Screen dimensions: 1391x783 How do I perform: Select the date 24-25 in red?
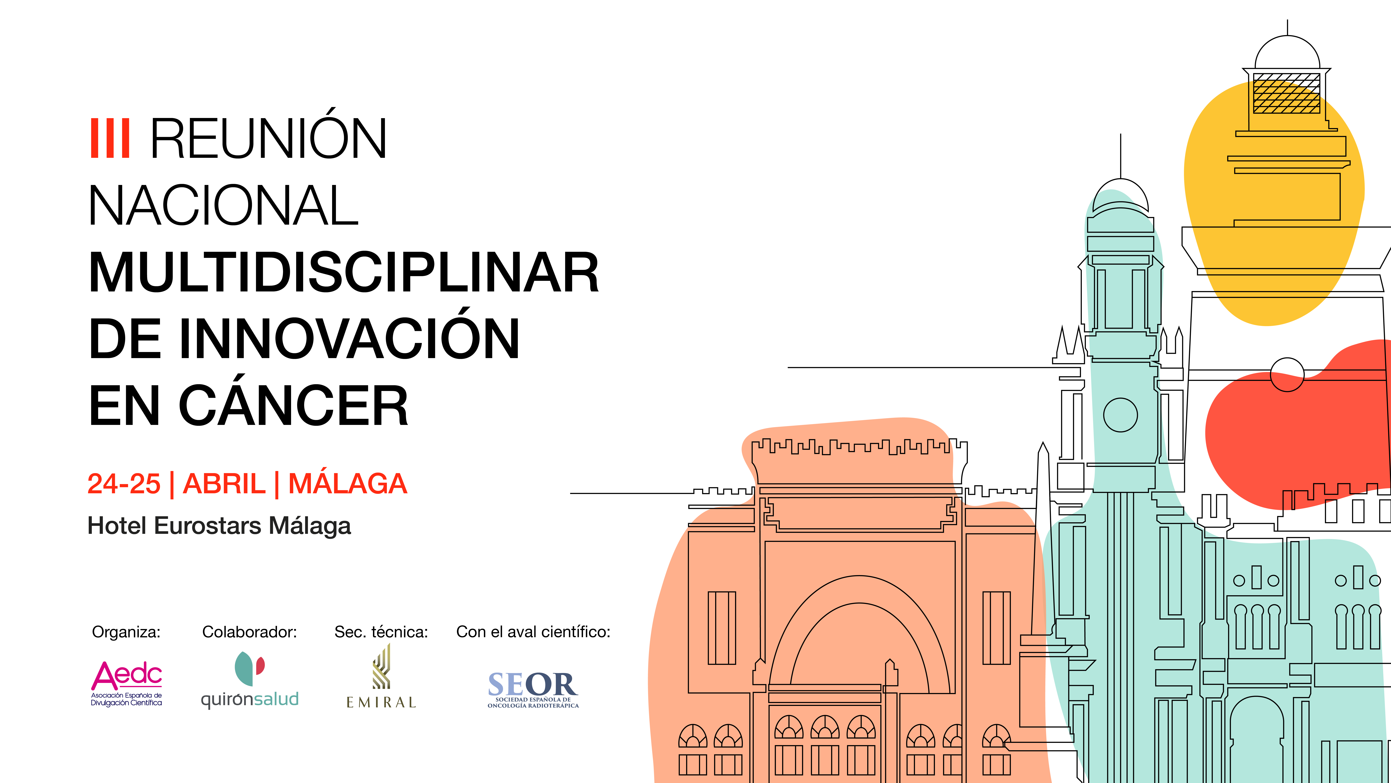pyautogui.click(x=124, y=484)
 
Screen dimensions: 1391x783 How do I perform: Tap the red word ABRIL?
pyautogui.click(x=224, y=484)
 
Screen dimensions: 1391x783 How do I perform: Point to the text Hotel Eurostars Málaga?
pyautogui.click(x=219, y=526)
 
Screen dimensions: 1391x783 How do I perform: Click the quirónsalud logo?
pyautogui.click(x=250, y=680)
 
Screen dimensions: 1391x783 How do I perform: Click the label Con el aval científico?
pyautogui.click(x=533, y=632)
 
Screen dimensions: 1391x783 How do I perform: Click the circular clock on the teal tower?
pyautogui.click(x=1120, y=415)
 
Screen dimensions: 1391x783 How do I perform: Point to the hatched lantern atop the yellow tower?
pyautogui.click(x=1287, y=93)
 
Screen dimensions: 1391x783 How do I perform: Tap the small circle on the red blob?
pyautogui.click(x=1287, y=374)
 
